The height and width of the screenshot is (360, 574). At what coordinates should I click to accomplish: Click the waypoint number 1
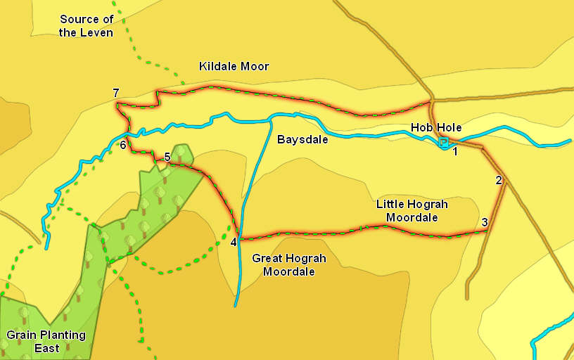tap(455, 150)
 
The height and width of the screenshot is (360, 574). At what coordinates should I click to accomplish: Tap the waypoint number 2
tap(499, 180)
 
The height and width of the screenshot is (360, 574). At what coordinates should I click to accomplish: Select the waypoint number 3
tap(485, 223)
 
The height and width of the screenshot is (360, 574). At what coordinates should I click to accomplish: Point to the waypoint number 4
tap(234, 243)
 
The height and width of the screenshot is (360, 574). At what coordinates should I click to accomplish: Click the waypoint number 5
tap(167, 157)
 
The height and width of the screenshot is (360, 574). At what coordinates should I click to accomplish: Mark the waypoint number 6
tap(123, 146)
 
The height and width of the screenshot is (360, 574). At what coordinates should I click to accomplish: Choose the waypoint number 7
tap(116, 94)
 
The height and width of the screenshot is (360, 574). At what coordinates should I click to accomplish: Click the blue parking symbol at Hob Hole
tap(443, 143)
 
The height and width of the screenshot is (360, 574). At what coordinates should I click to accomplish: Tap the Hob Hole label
tap(436, 127)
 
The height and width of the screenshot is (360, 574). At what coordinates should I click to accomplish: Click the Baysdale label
tap(302, 139)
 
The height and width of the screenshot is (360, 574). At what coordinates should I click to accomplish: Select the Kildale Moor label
tap(234, 67)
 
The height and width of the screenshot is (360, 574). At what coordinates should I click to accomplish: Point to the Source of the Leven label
tap(86, 26)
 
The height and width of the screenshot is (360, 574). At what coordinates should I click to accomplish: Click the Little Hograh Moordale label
tap(412, 211)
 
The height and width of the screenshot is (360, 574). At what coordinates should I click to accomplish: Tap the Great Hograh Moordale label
tap(289, 265)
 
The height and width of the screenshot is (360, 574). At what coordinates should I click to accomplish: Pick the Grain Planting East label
tap(46, 342)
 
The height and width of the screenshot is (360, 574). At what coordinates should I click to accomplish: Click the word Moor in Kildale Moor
tap(255, 67)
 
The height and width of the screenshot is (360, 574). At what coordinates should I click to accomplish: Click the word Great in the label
tap(267, 259)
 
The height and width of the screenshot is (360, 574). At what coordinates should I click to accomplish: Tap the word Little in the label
tap(390, 205)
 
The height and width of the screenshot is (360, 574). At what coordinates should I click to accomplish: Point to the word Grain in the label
tap(20, 335)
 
